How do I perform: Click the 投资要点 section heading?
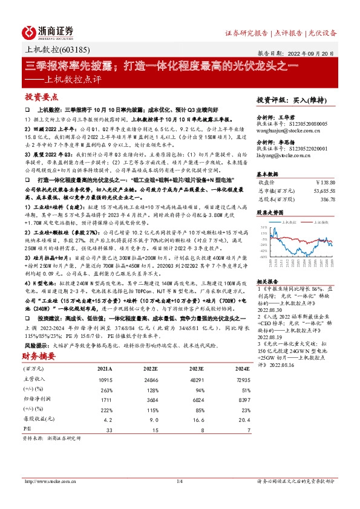point(42,97)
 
